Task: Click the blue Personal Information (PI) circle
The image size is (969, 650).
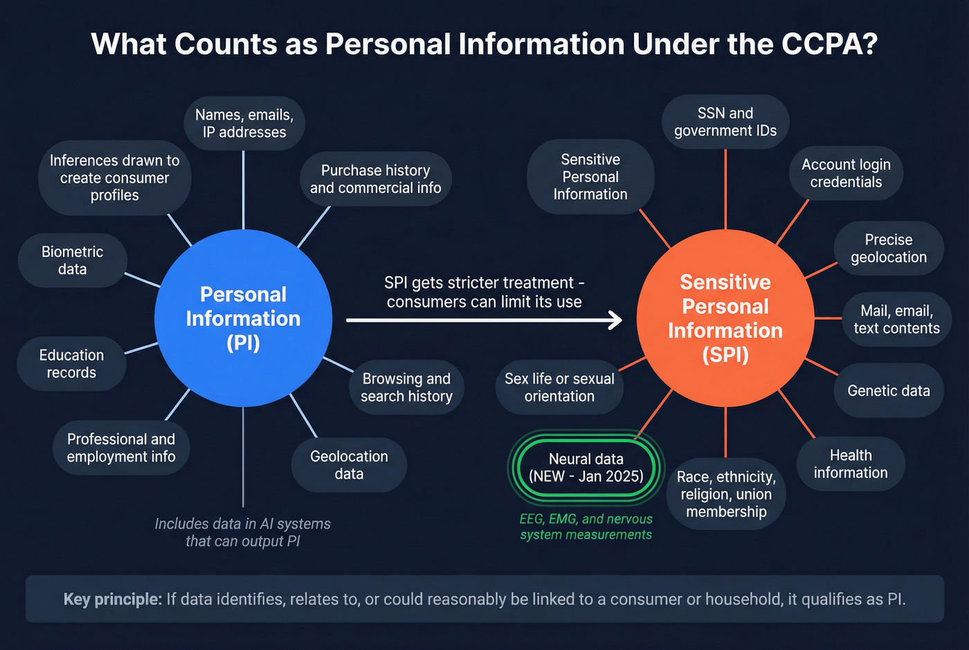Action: (x=243, y=318)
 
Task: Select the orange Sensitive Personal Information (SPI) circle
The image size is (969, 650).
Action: (x=725, y=318)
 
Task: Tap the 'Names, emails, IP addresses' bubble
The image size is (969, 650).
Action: (x=244, y=123)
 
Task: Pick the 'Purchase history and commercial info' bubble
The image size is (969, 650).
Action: (x=375, y=179)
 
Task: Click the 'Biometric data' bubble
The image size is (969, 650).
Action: (x=73, y=260)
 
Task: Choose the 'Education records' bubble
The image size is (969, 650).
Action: (x=71, y=363)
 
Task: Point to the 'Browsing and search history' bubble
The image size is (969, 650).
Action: (x=406, y=388)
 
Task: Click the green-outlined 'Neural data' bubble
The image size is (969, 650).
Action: (x=586, y=467)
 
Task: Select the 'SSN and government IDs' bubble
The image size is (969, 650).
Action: (x=725, y=122)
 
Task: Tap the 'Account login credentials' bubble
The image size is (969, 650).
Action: (x=846, y=173)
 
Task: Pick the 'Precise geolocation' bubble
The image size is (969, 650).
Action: (x=888, y=249)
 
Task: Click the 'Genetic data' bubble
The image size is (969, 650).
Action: (x=888, y=390)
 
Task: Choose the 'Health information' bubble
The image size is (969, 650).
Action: (x=850, y=464)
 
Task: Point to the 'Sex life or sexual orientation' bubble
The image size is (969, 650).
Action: (x=559, y=388)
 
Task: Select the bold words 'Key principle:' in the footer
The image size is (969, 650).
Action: (x=112, y=599)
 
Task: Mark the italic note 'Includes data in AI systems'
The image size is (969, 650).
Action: (x=242, y=524)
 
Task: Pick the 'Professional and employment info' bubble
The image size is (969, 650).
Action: (x=121, y=448)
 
